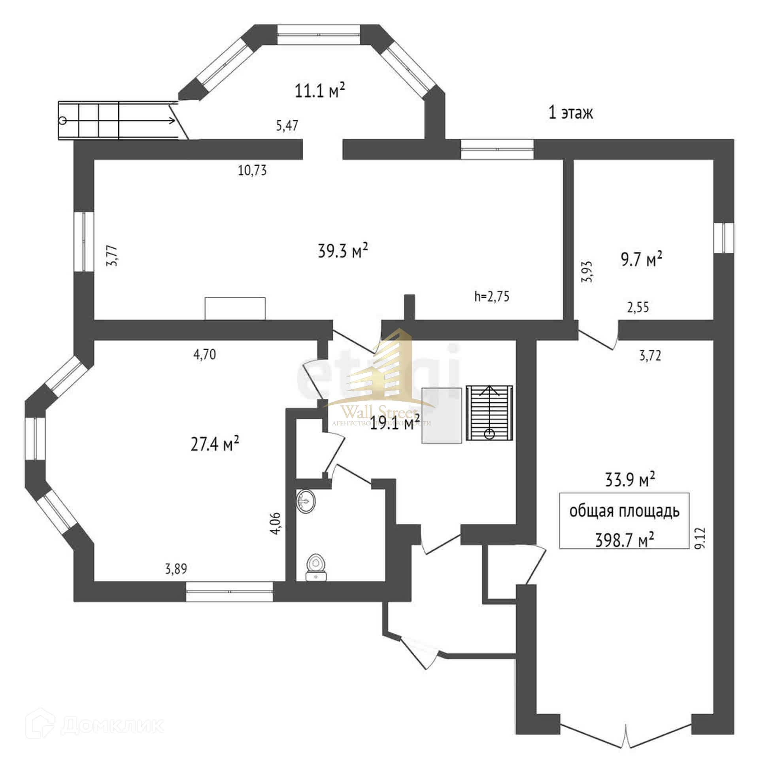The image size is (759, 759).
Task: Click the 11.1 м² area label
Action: pyautogui.click(x=320, y=91)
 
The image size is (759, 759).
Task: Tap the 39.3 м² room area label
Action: pyautogui.click(x=343, y=251)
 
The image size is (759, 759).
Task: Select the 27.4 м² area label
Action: pyautogui.click(x=215, y=444)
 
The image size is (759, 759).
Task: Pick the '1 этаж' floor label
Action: pyautogui.click(x=571, y=113)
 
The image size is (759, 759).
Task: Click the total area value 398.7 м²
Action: pyautogui.click(x=624, y=540)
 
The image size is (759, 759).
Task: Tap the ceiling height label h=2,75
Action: pyautogui.click(x=492, y=296)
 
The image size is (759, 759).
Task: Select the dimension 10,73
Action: pyautogui.click(x=252, y=170)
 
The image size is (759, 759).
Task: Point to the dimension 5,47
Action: pyautogui.click(x=287, y=126)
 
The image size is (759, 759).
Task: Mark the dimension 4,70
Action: pyautogui.click(x=204, y=355)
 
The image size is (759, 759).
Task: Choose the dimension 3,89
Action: pyautogui.click(x=176, y=569)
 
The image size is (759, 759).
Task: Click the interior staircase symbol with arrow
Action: pyautogui.click(x=489, y=413)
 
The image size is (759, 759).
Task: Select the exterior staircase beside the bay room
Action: pyautogui.click(x=119, y=121)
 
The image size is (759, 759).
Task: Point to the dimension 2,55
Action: pyautogui.click(x=638, y=307)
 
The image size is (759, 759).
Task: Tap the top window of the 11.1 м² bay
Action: pyautogui.click(x=318, y=34)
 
